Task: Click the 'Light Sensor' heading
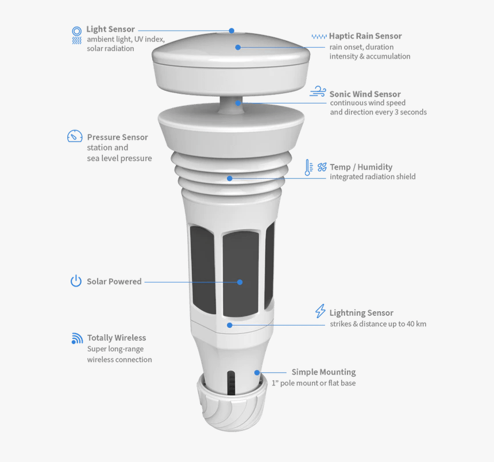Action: tap(110, 29)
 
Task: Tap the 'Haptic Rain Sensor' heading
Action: tap(365, 36)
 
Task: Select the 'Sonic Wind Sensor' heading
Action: tap(365, 94)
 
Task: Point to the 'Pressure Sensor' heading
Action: tap(117, 138)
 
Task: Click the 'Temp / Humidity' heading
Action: tap(361, 167)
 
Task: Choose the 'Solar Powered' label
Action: tap(114, 281)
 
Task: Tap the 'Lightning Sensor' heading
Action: tap(361, 313)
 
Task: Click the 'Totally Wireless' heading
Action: tap(116, 338)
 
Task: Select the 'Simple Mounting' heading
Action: tap(323, 372)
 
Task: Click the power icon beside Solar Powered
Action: tap(76, 281)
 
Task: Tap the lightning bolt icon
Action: tap(320, 311)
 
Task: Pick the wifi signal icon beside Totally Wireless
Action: tap(77, 338)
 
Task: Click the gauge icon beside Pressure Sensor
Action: tap(75, 136)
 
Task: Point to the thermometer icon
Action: tap(308, 167)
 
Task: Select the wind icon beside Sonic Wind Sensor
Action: tap(318, 92)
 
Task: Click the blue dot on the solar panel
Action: tap(240, 282)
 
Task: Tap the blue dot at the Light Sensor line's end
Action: tap(231, 30)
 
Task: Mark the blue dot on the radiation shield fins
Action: tap(230, 178)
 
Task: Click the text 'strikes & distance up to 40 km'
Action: tap(377, 324)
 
